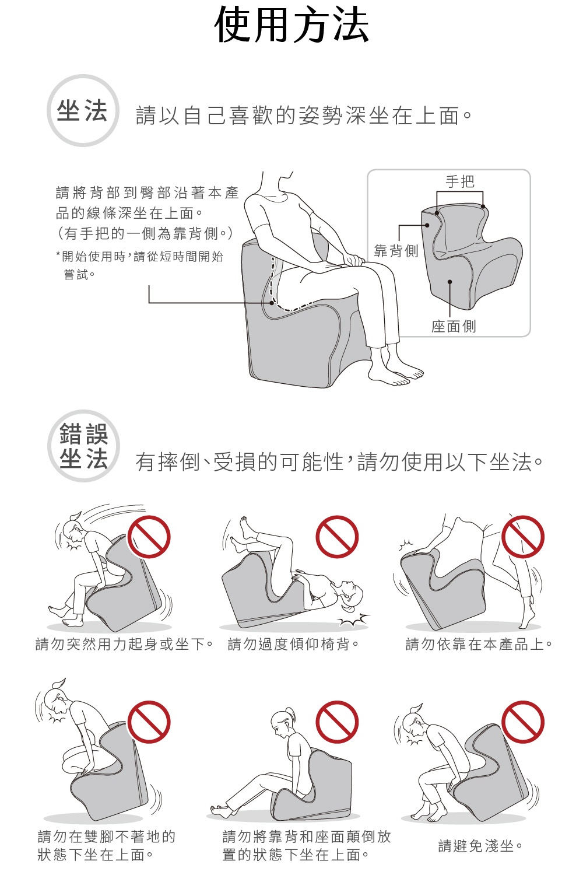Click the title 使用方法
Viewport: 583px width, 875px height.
pos(291,26)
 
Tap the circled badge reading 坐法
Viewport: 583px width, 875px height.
pos(83,111)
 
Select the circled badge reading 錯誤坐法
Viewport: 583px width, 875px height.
pos(83,446)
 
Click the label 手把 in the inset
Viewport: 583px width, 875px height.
pos(459,182)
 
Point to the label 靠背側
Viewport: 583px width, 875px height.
pos(396,251)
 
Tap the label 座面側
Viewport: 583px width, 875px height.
pos(453,326)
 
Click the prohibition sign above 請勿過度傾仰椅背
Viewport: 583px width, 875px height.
pos(337,537)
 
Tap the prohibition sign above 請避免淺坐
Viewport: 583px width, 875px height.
pos(523,722)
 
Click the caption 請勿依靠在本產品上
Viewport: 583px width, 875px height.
pos(479,644)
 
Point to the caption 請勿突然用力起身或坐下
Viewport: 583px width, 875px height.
pos(124,644)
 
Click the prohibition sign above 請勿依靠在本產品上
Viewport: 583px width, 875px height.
pos(523,537)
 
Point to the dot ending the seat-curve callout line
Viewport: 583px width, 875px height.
pos(272,303)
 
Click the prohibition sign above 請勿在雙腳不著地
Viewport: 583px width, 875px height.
pos(149,722)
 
